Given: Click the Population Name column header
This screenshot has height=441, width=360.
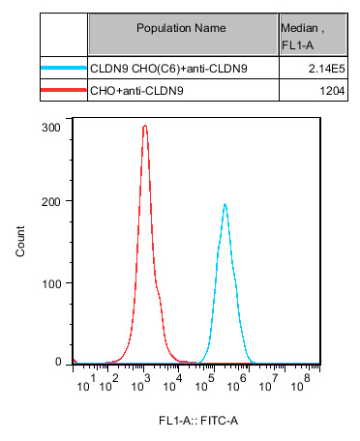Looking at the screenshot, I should pos(182,28).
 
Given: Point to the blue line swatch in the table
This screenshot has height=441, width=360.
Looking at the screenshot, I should pos(64,69).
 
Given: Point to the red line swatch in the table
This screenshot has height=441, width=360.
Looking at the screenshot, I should pos(64,90).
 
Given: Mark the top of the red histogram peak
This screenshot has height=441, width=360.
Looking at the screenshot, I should pos(144,126).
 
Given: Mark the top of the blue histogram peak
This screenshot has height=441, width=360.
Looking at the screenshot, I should pos(225,204).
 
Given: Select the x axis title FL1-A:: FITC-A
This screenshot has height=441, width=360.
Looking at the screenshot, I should pos(197,421).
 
